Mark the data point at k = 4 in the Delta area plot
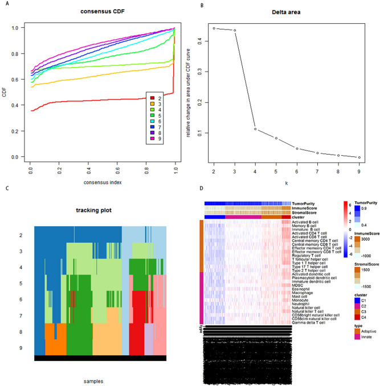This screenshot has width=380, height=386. point(255,129)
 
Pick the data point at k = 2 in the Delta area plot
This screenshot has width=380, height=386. point(214,28)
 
